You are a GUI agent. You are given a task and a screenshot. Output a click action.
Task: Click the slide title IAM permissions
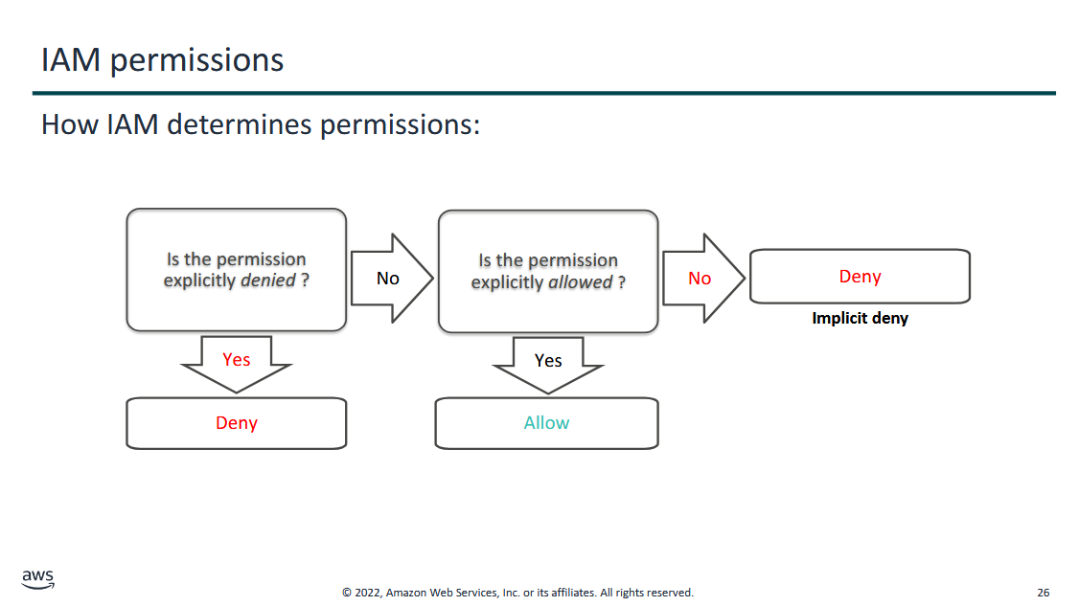162,60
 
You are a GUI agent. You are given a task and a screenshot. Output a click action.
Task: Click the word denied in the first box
267,281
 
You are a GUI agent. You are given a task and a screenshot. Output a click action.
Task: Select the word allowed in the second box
580,282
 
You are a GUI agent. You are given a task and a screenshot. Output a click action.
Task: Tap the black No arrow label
388,279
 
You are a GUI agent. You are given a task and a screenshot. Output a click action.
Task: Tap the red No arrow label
700,279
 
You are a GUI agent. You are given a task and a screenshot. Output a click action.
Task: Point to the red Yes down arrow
236,364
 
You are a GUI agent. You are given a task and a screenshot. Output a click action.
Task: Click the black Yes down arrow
548,365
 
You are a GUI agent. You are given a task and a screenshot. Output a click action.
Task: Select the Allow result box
546,423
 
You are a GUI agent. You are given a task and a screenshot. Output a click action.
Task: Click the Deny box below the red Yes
236,423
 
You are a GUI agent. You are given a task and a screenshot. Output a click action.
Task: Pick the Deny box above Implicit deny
861,277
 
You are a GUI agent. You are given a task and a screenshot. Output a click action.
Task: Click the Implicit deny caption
861,319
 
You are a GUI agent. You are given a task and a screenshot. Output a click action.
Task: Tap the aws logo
37,579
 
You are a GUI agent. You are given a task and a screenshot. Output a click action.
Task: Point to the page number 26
1044,593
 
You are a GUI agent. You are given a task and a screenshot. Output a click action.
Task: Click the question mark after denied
305,281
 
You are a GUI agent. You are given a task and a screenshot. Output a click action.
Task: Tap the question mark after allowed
621,282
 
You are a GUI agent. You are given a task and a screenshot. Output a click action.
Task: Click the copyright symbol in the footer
347,593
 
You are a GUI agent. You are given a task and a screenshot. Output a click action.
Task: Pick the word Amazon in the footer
406,593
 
